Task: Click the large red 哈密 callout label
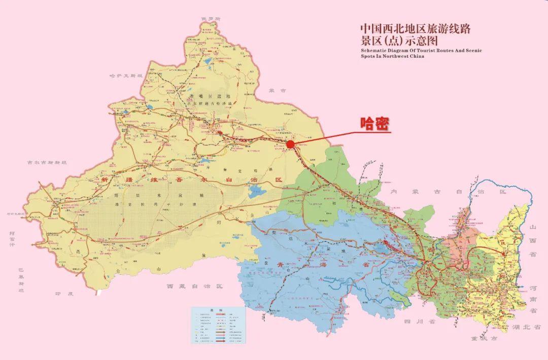(375, 123)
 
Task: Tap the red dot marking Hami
(290, 145)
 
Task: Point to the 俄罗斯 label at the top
(211, 19)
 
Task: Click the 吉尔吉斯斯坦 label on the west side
(47, 162)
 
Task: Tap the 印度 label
(64, 294)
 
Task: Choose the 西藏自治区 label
(195, 286)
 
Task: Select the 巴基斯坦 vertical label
(21, 280)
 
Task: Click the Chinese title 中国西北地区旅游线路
(415, 28)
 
